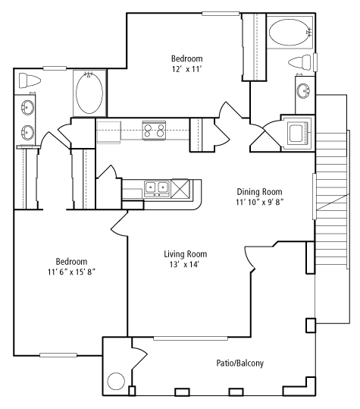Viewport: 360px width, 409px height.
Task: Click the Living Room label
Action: tap(186, 253)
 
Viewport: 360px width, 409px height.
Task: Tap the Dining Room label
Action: tap(259, 192)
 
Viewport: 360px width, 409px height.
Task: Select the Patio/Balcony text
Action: tap(240, 363)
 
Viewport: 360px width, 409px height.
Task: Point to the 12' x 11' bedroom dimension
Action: tap(186, 69)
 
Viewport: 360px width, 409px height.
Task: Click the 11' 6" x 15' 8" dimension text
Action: tap(71, 272)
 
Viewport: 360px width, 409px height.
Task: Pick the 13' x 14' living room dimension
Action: tap(185, 265)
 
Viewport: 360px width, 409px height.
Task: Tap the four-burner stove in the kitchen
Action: tap(154, 131)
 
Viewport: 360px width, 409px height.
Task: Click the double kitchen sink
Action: tap(157, 188)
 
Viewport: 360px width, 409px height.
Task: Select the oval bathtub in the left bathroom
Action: tap(89, 93)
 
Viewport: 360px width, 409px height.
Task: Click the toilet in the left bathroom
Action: tap(30, 80)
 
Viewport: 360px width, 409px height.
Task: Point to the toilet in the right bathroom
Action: tap(300, 62)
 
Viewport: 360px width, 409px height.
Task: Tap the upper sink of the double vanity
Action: tap(27, 108)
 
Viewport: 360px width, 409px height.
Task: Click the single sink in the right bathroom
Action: tap(303, 91)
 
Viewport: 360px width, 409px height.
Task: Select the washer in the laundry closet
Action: tap(298, 134)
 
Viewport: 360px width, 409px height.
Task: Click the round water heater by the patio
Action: tap(116, 381)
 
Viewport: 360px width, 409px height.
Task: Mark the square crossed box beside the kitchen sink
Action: tap(180, 188)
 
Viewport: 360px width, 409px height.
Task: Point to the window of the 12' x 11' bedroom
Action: tap(221, 14)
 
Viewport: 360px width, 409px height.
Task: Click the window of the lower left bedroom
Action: tap(58, 355)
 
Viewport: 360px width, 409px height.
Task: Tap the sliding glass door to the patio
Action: tap(191, 338)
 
